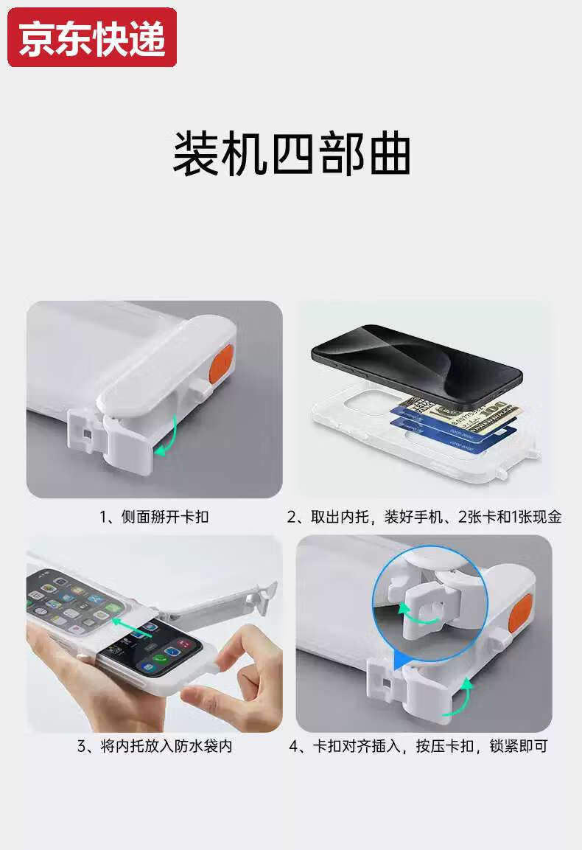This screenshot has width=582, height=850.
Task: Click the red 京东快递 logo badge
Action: click(92, 38)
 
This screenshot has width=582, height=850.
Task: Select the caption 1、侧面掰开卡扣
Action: click(154, 517)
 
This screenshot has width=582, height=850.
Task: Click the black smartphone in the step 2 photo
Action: click(416, 367)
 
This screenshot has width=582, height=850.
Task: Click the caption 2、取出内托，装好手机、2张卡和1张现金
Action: click(424, 517)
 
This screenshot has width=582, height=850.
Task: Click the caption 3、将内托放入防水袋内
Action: click(155, 747)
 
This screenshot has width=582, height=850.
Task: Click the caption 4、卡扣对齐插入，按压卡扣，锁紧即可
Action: click(418, 747)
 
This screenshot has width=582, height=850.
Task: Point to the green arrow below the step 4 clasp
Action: click(460, 697)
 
